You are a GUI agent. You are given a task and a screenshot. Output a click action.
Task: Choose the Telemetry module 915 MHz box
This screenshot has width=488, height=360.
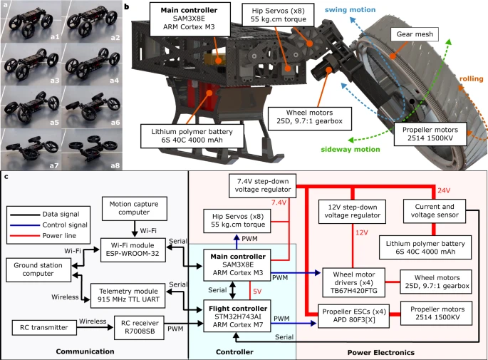click(127, 292)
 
